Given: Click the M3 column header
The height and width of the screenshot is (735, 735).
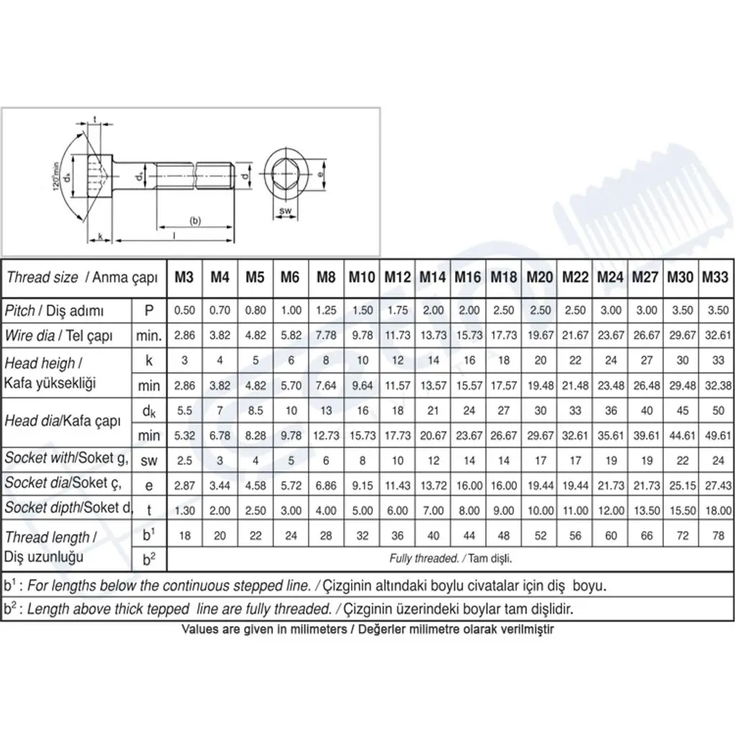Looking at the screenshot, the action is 184,277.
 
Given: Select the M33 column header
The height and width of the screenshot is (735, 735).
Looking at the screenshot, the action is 716,277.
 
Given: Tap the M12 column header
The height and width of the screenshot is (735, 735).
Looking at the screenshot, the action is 398,277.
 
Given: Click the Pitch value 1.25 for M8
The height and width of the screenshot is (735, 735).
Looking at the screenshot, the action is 327,310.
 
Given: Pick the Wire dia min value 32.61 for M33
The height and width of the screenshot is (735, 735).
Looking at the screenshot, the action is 718,335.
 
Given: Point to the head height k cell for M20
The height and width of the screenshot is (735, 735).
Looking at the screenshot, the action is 540,360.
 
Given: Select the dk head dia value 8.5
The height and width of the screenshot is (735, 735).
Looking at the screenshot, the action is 256,411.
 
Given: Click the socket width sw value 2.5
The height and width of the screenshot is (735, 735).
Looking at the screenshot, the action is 184,460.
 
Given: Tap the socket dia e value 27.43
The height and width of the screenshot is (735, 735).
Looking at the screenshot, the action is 718,486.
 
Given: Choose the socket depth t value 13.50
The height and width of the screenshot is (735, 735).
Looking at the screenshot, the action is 647,510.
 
